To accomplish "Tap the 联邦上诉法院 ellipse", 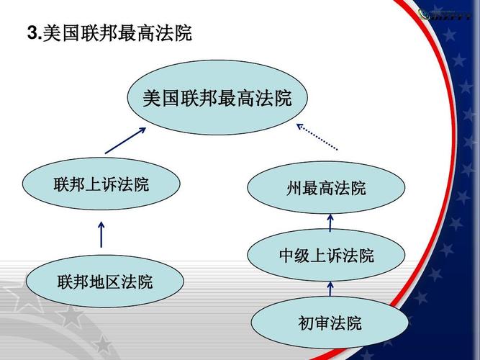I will (x=101, y=184).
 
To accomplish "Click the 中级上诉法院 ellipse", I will (x=327, y=256).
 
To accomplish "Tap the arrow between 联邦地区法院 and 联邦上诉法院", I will (x=101, y=234).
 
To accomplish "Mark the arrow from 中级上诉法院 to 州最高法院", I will (x=330, y=221).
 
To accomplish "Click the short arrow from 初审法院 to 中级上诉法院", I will (x=330, y=289).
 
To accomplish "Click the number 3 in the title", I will (x=32, y=33).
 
